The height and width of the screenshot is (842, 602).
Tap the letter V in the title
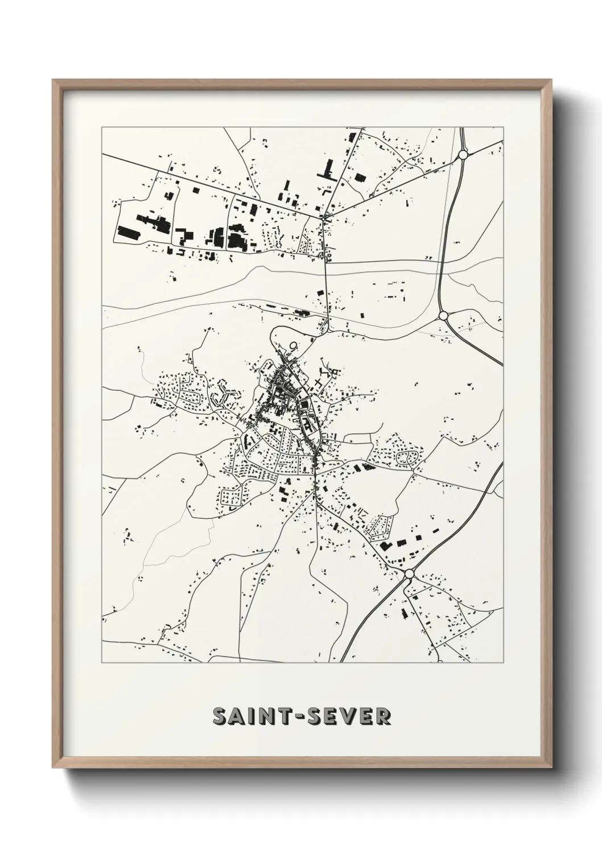[350, 717]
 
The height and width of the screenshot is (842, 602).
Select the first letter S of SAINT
[220, 717]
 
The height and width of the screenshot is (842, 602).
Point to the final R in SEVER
[383, 717]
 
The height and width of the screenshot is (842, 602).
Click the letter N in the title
[267, 717]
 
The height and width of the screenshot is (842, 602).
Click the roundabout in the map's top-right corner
[463, 154]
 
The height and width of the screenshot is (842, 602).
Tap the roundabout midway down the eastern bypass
[444, 315]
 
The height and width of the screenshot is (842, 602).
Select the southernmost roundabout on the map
[409, 574]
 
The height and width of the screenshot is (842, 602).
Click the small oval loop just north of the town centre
[294, 345]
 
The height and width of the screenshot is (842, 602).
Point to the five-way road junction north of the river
[324, 217]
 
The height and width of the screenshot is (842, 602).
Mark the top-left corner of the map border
[102, 128]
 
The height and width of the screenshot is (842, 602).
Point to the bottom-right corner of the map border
[503, 662]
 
